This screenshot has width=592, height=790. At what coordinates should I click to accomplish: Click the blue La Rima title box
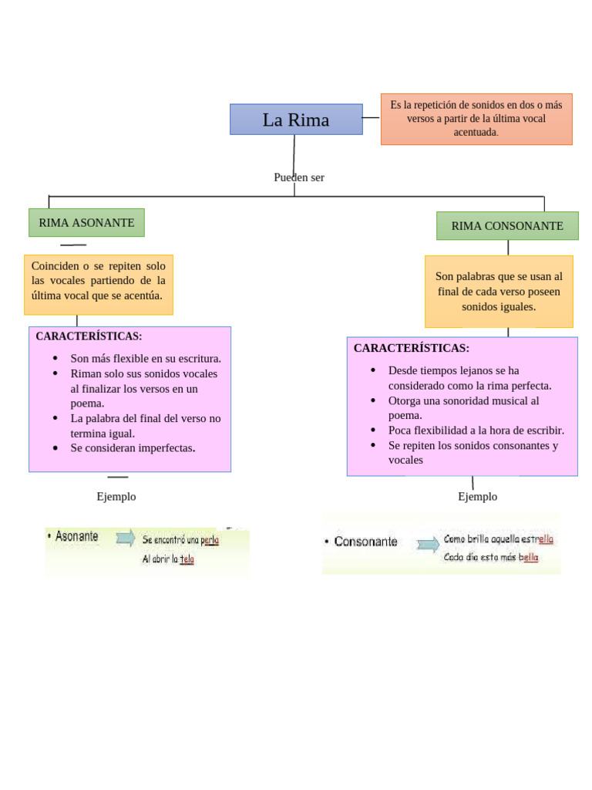click(296, 120)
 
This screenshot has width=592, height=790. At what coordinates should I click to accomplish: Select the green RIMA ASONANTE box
click(86, 223)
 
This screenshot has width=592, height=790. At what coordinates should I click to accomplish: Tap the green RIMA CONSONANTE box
click(507, 226)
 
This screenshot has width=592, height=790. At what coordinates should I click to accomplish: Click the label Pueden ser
click(299, 177)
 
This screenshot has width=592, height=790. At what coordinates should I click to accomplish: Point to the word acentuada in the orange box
click(476, 132)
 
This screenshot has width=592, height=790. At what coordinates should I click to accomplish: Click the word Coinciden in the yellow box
click(55, 265)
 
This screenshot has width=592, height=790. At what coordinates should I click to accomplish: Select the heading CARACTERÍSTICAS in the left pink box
click(89, 336)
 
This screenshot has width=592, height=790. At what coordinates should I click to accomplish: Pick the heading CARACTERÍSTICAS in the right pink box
click(412, 348)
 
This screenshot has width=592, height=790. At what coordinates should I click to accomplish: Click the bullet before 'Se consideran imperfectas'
click(55, 448)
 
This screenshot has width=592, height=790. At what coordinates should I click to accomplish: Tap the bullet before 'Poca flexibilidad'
click(373, 430)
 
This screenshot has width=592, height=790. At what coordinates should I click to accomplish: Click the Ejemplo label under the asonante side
click(116, 497)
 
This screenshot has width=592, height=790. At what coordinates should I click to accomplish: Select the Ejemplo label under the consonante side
click(478, 497)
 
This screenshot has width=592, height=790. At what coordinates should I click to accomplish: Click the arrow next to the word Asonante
click(126, 538)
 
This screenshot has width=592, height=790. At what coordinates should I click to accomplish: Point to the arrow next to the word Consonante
click(428, 544)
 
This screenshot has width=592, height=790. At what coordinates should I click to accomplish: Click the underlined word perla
click(210, 540)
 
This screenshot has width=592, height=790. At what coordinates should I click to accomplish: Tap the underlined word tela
click(187, 559)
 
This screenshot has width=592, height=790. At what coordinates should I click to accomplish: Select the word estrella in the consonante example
click(537, 539)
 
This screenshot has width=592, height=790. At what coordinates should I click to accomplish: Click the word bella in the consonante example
click(529, 557)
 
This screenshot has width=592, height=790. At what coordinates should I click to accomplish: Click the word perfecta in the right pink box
click(532, 386)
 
